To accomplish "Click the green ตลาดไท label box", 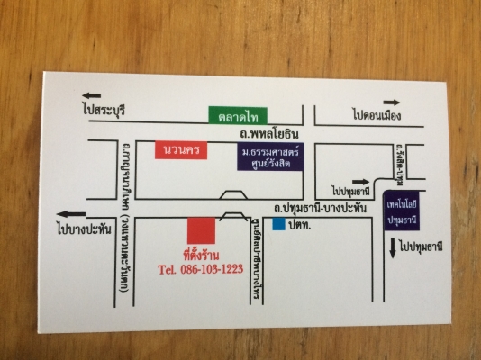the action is point(236,116).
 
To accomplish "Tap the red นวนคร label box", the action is point(181,149).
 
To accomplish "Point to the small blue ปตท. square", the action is point(279,222).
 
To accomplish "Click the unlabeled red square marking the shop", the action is point(201,229).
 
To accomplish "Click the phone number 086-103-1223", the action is point(200,268).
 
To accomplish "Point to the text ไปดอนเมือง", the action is point(377,115).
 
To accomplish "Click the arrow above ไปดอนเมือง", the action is point(391,102).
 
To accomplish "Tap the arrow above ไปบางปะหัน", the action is point(72,213).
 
